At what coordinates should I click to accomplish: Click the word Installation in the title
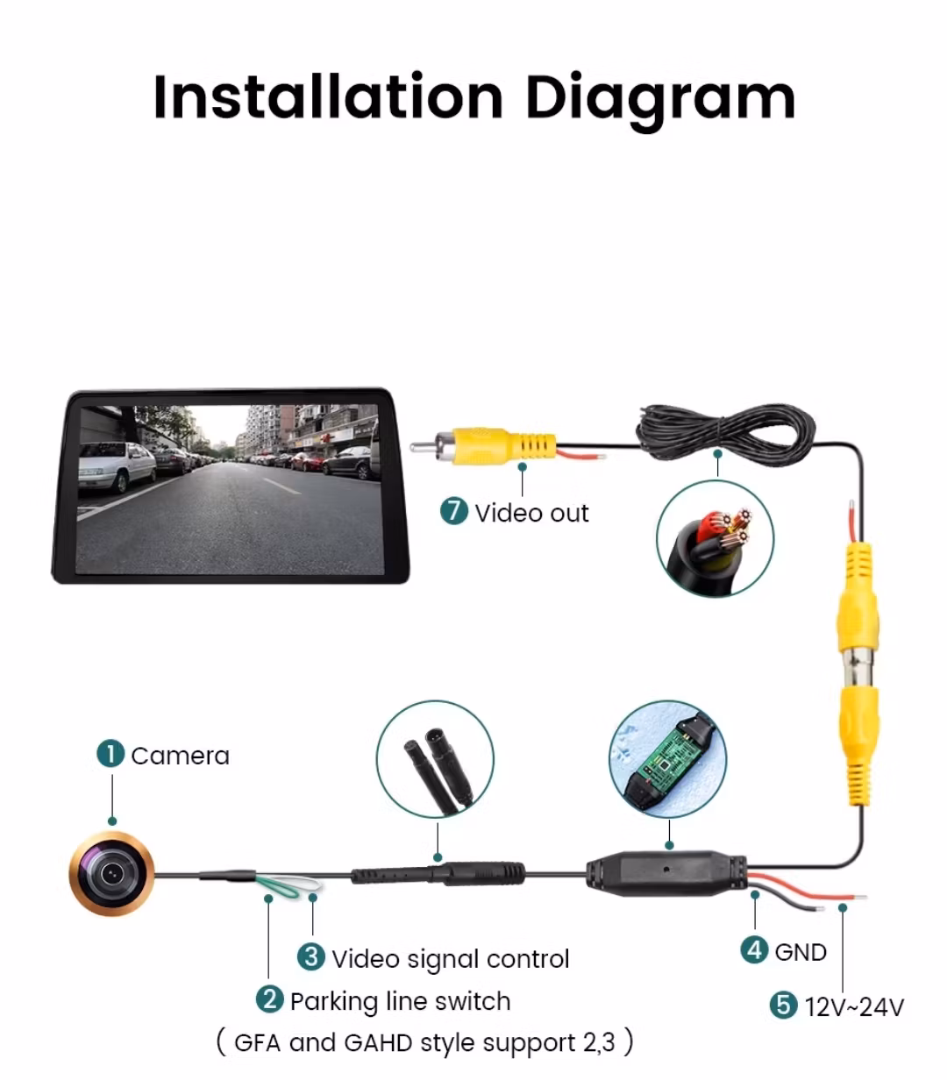(x=328, y=96)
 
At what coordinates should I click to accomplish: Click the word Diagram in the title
(x=660, y=102)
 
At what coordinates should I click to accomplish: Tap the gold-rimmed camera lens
(x=112, y=873)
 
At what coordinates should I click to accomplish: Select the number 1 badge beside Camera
(x=110, y=754)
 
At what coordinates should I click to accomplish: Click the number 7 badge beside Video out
(x=454, y=511)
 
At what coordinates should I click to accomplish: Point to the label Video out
(x=531, y=513)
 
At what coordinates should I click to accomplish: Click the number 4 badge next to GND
(x=754, y=949)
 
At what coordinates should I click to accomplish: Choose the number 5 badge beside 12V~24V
(x=784, y=1005)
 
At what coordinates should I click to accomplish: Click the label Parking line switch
(x=401, y=1001)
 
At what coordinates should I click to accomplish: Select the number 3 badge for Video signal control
(x=311, y=956)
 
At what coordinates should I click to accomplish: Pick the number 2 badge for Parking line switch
(x=270, y=998)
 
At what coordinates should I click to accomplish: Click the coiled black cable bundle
(x=725, y=435)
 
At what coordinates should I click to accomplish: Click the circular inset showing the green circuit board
(x=667, y=759)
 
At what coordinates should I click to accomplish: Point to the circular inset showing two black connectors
(x=435, y=759)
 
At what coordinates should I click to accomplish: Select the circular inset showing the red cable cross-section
(x=715, y=538)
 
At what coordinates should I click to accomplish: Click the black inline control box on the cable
(x=666, y=872)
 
